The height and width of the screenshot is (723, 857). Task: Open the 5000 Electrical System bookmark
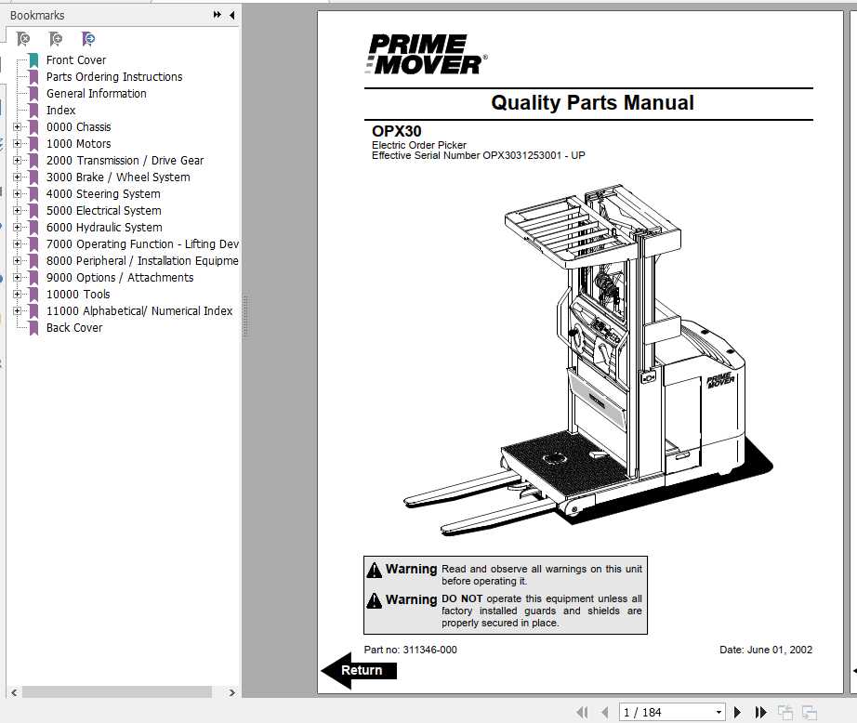pyautogui.click(x=103, y=211)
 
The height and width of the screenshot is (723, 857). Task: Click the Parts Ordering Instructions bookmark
pyautogui.click(x=113, y=77)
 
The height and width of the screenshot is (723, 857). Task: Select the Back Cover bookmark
pyautogui.click(x=74, y=328)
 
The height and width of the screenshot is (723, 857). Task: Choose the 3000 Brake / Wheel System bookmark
pyautogui.click(x=118, y=177)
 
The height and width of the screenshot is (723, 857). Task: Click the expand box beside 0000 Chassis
pyautogui.click(x=17, y=127)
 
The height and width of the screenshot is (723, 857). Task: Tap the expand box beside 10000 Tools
pyautogui.click(x=17, y=295)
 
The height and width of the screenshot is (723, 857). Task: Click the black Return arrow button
pyautogui.click(x=358, y=670)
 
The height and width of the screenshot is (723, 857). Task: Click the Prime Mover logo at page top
pyautogui.click(x=426, y=54)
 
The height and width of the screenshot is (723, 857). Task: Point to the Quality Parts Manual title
pyautogui.click(x=592, y=103)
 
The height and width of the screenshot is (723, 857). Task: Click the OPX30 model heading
pyautogui.click(x=396, y=132)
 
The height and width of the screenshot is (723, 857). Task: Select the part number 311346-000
pyautogui.click(x=429, y=650)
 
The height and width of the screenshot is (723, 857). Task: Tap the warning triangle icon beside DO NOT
pyautogui.click(x=374, y=600)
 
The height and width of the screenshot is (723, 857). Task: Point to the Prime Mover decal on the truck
pyautogui.click(x=720, y=380)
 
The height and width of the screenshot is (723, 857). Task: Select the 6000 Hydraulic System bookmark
pyautogui.click(x=104, y=228)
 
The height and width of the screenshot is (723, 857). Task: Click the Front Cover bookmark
pyautogui.click(x=76, y=60)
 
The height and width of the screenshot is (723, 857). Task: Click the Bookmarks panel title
pyautogui.click(x=37, y=15)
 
